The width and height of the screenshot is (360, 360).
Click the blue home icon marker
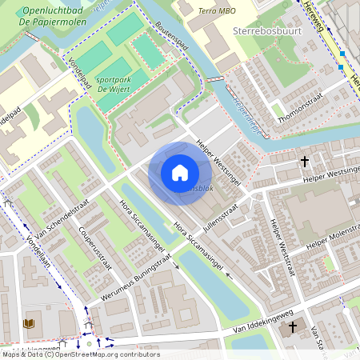coord(180,173)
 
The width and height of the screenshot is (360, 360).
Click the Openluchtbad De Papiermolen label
coord(55,17)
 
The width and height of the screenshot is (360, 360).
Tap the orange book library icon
coord(30,323)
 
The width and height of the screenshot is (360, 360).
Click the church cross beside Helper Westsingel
coord(304,162)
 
